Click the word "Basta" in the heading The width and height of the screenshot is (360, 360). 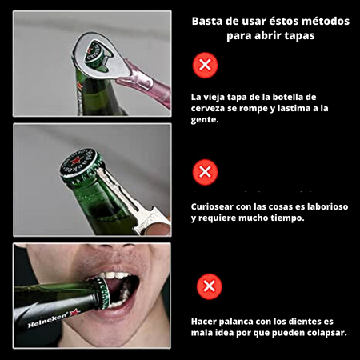207,22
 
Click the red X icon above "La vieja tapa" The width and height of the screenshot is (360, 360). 205,65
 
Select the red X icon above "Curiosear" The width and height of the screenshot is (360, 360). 205,172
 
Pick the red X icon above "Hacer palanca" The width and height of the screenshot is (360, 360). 210,286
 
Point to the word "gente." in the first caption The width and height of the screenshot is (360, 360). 205,120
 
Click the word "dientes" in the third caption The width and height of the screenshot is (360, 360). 305,322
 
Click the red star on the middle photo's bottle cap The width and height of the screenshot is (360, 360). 76,161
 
